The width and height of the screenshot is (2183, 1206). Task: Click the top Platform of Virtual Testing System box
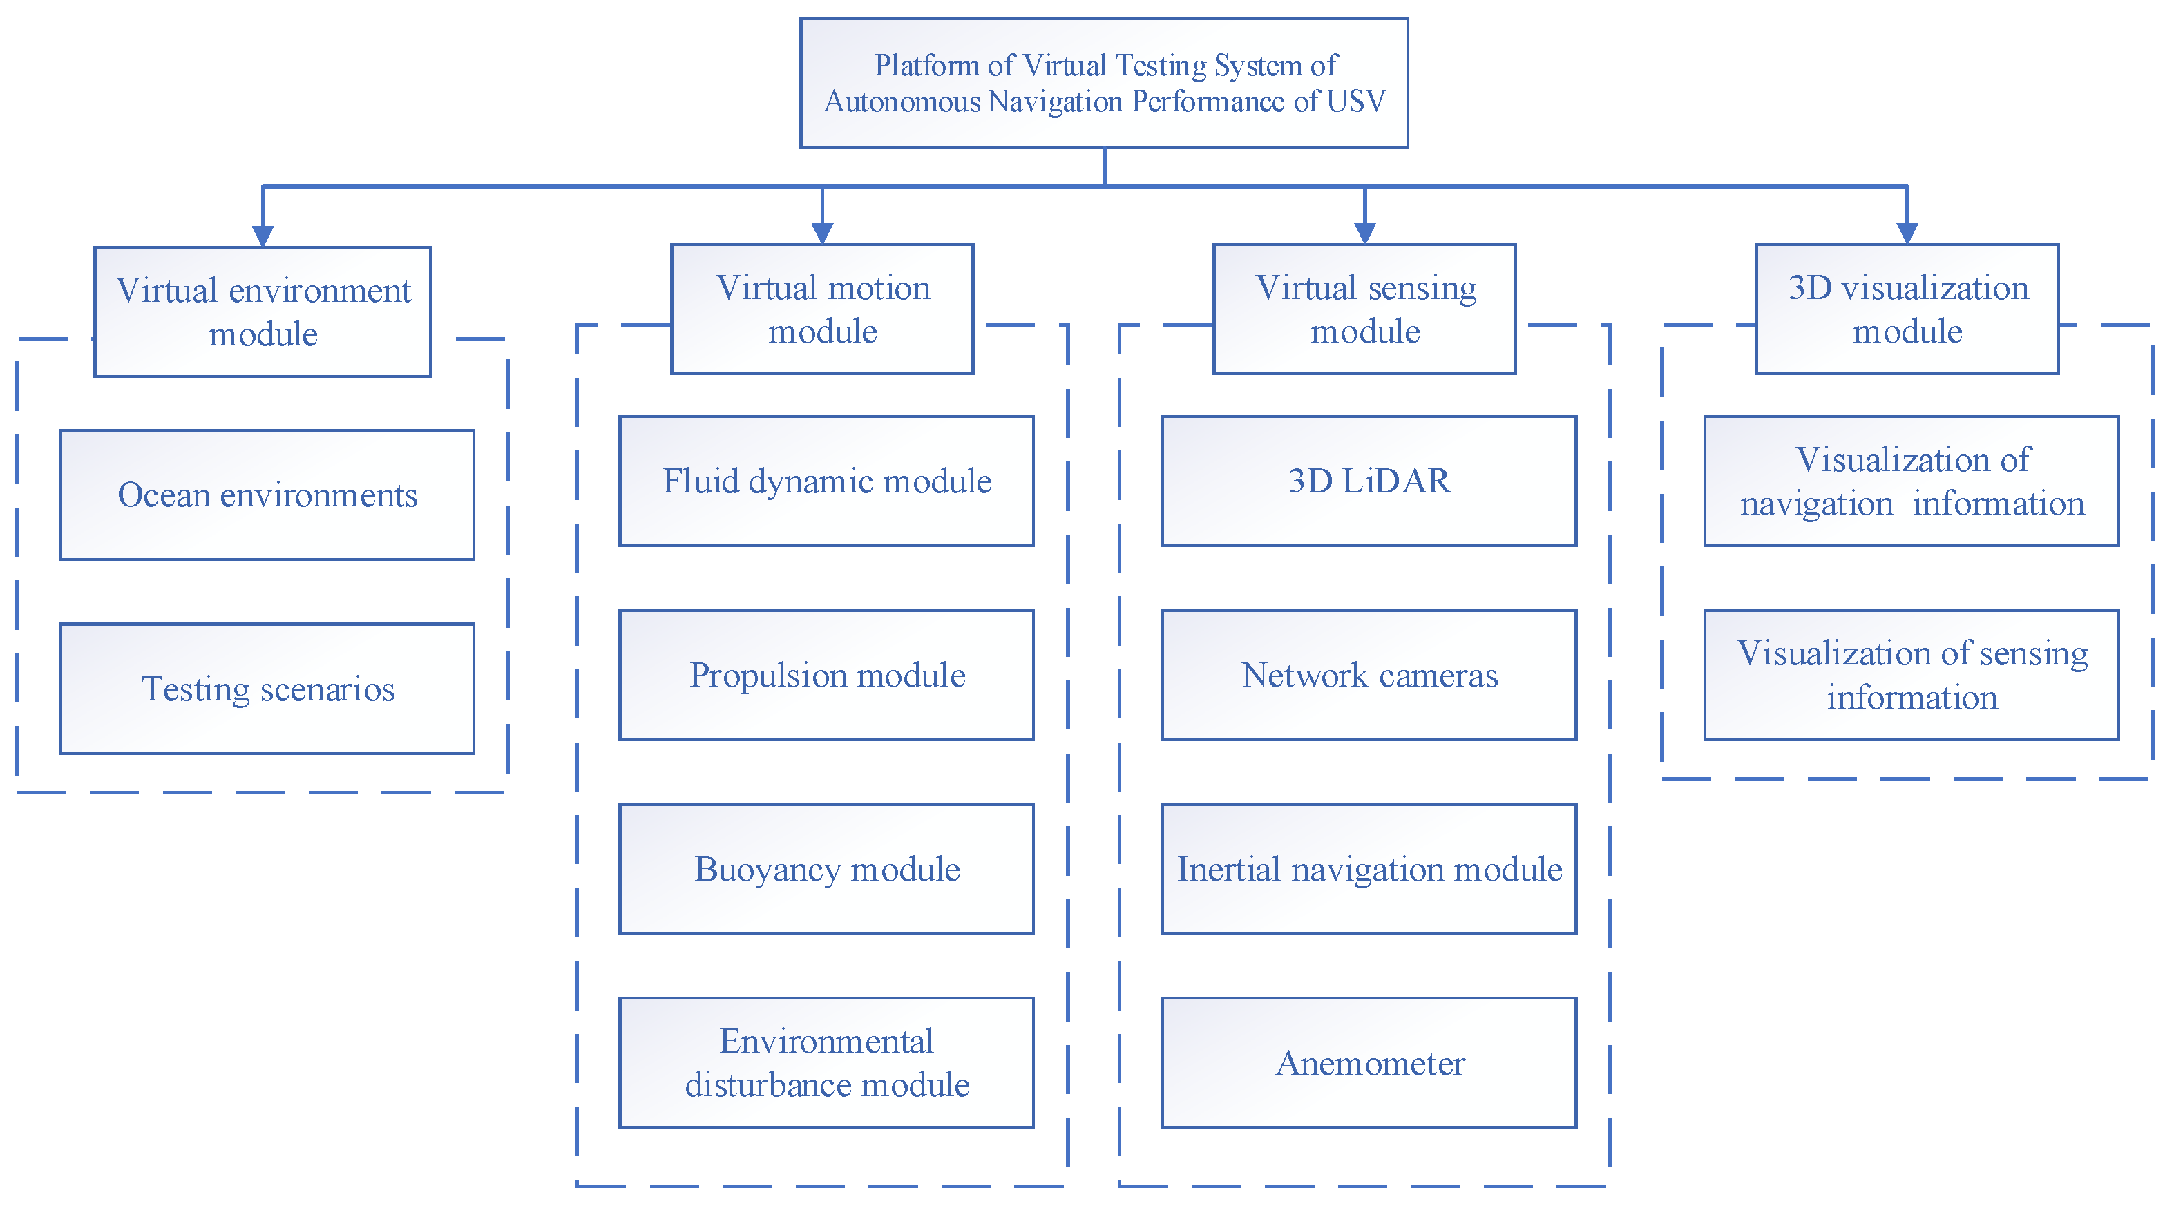(x=1103, y=83)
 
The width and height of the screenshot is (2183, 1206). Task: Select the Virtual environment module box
(x=263, y=312)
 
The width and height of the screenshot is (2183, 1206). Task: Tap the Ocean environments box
(x=267, y=495)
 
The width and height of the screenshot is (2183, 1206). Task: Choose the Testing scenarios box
(x=267, y=688)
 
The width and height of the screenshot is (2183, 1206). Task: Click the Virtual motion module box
(x=822, y=309)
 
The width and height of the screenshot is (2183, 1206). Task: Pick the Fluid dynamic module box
(x=826, y=481)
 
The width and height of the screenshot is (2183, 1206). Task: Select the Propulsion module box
(x=826, y=675)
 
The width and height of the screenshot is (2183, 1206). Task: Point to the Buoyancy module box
(x=826, y=869)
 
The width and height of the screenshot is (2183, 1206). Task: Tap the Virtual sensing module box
(x=1364, y=309)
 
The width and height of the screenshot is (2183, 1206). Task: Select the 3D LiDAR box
(x=1369, y=481)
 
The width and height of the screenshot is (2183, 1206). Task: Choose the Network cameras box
(x=1369, y=675)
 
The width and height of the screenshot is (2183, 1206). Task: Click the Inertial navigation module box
(x=1369, y=869)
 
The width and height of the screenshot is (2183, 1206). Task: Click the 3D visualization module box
(x=1907, y=309)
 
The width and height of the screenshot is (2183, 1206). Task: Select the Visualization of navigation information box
(x=1911, y=481)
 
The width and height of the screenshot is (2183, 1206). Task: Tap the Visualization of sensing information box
(x=1911, y=675)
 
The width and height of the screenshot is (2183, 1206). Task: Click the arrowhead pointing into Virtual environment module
(x=263, y=236)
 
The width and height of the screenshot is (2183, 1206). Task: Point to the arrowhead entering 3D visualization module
(x=1907, y=233)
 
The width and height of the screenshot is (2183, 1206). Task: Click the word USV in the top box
(x=1356, y=102)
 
